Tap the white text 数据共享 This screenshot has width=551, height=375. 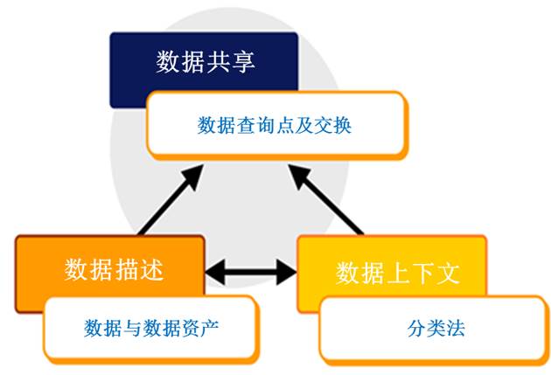pos(206,62)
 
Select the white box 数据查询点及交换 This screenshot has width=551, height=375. pos(276,124)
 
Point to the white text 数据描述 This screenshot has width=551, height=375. pos(114,269)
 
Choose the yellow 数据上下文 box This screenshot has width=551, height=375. pos(392,267)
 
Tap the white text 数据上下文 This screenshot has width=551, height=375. pos(397,273)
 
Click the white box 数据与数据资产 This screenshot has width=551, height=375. pos(150,330)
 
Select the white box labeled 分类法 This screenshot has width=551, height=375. pos(435,330)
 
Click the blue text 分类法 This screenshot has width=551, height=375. pos(436,329)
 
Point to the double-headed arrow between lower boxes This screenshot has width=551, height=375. pos(251,272)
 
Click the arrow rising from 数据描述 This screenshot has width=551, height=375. pos(171,199)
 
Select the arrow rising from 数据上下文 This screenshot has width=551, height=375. pos(325,199)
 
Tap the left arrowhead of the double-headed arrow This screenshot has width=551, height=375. pos(214,272)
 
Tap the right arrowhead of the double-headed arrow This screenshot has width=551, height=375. pos(288,272)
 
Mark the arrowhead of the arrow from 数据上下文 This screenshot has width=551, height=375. pos(299,176)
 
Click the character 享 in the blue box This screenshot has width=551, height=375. pos(243,62)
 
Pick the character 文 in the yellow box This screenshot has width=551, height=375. pos(449,273)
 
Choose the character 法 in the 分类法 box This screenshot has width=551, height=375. pos(456,329)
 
